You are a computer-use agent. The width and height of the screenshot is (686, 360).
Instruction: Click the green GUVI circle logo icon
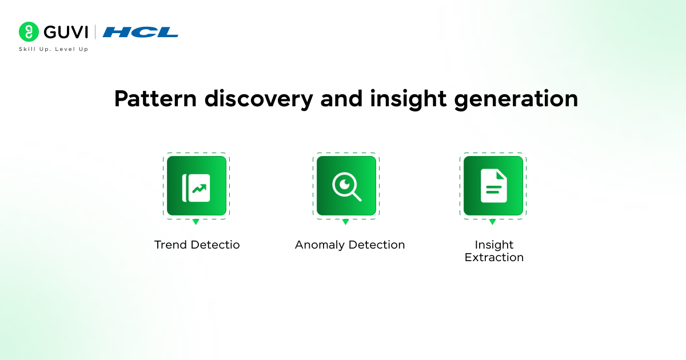point(29,32)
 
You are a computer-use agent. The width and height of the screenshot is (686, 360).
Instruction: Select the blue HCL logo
point(141,32)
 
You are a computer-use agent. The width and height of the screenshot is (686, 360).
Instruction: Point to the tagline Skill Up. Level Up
point(54,49)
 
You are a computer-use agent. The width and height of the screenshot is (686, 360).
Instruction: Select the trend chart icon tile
point(197,186)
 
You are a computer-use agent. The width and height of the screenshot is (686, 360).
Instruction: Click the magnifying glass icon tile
point(346,186)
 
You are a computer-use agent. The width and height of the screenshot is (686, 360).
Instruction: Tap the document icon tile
point(493,186)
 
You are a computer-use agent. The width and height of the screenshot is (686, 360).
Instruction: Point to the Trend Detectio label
point(197,245)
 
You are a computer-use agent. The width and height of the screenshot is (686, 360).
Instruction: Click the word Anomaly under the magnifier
point(320,245)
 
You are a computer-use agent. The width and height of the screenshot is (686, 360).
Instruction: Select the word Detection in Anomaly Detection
point(376,245)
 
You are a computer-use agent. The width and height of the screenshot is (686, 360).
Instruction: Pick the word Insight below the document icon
point(494,245)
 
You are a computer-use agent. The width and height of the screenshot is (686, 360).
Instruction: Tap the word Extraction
point(494,258)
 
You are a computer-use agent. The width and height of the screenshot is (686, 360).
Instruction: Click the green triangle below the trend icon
point(196,222)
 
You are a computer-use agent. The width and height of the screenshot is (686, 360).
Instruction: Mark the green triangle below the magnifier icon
point(345,222)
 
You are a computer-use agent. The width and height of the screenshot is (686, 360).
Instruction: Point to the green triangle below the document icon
point(492,222)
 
